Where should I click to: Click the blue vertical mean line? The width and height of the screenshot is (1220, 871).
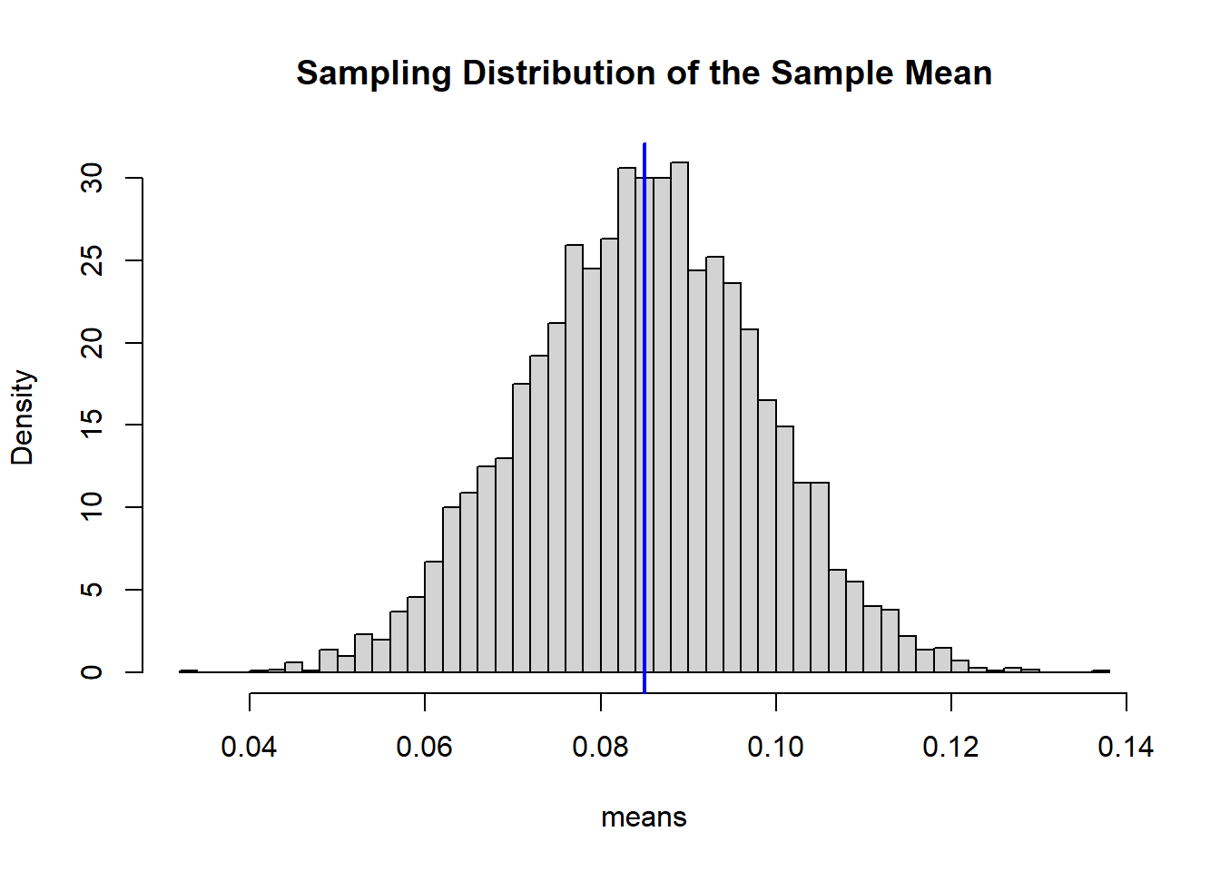(x=644, y=408)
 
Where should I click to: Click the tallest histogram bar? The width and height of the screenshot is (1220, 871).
(x=679, y=417)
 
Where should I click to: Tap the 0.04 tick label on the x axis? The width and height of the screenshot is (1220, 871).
(x=249, y=747)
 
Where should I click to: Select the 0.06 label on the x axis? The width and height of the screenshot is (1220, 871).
(x=424, y=747)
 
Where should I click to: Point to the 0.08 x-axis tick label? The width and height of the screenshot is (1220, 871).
(x=600, y=747)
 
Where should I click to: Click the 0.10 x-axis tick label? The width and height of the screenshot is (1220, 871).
(x=775, y=747)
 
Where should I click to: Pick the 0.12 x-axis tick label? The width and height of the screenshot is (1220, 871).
(x=950, y=747)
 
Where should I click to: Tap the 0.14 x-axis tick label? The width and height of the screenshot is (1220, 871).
(x=1126, y=747)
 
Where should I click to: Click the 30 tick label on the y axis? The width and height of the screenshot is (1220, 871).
(x=93, y=179)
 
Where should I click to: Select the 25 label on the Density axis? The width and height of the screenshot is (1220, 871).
(x=93, y=261)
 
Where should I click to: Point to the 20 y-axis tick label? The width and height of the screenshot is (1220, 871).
(x=93, y=343)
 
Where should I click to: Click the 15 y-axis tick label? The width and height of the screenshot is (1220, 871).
(x=93, y=425)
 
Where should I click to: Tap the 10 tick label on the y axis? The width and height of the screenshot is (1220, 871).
(x=93, y=507)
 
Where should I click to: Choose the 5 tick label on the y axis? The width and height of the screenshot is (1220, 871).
(x=93, y=590)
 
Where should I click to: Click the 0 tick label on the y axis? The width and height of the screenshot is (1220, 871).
(x=93, y=671)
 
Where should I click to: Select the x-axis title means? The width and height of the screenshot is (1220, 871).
(x=644, y=817)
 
